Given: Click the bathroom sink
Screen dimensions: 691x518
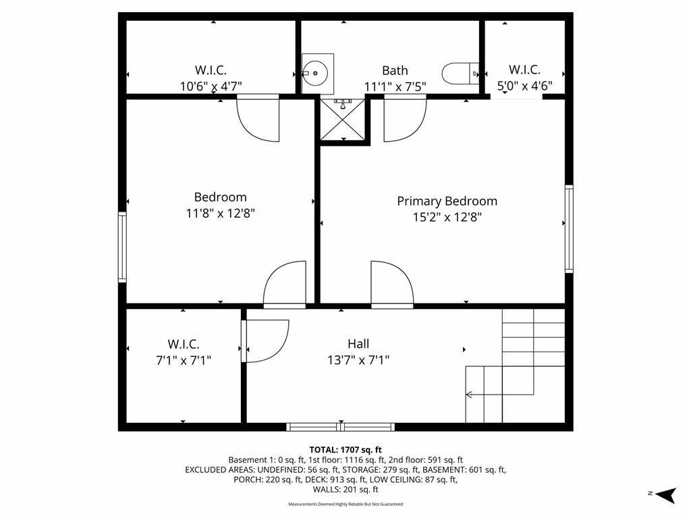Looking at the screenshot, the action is tap(317, 74).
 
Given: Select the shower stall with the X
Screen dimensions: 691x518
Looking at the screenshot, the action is tap(343, 119).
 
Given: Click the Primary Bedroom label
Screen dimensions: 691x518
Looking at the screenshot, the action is tap(447, 201).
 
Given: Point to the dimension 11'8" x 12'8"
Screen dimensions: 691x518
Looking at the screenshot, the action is tap(221, 214).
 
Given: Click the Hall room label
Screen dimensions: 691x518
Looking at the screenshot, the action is tap(358, 343).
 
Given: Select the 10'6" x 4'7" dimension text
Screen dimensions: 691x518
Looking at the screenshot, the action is tap(211, 86).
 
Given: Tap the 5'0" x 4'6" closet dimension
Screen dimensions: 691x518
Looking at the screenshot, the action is tap(524, 86).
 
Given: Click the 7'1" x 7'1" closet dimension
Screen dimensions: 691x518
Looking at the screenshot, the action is tap(184, 360).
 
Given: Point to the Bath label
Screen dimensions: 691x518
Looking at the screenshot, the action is tap(395, 70).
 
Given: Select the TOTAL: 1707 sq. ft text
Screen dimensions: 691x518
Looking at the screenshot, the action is tap(345, 450).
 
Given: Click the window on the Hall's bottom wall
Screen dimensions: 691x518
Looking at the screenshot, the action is tap(341, 427).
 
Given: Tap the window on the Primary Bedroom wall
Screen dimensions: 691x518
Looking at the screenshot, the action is tap(569, 229).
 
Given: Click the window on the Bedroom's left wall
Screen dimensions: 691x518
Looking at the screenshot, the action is tap(122, 247).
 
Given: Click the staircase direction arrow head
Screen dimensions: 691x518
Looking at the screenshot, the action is tap(469, 394).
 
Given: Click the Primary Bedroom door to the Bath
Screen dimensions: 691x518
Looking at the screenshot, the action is tap(405, 119).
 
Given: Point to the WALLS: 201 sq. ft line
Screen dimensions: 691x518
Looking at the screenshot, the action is tap(345, 490).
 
